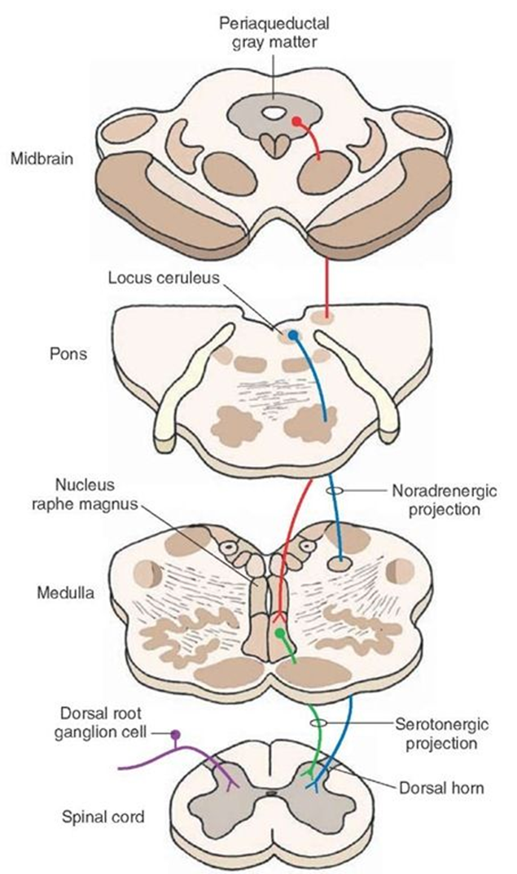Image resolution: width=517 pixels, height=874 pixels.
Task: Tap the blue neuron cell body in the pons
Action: pos(292,335)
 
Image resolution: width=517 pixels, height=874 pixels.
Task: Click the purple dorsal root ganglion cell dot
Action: pos(174,735)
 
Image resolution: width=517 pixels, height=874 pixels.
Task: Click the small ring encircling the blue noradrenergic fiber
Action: pos(334,492)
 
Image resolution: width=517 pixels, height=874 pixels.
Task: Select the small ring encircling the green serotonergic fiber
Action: pos(318,723)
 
